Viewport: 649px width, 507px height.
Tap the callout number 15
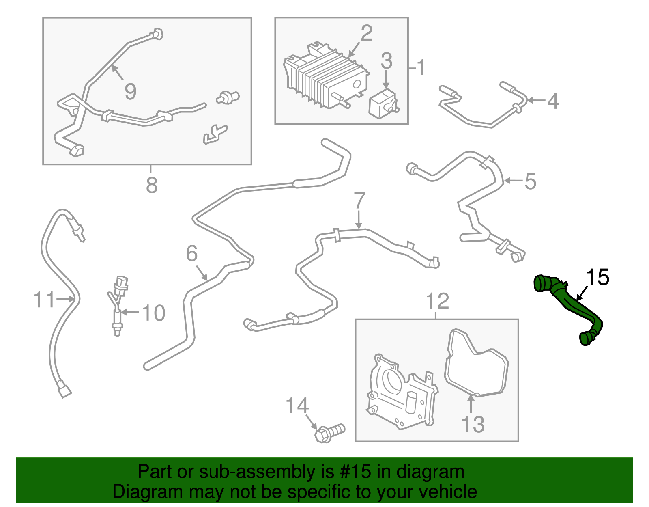point(597,277)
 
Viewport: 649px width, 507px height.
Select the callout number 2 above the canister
point(366,33)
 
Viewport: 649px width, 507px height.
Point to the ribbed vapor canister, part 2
point(324,77)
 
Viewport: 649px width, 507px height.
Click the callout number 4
point(553,101)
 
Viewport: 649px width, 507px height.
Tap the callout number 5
point(530,181)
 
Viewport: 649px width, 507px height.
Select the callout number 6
point(191,254)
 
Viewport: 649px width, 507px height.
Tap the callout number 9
point(130,91)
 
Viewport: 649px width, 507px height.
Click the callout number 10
point(154,313)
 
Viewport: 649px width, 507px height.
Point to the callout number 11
point(44,300)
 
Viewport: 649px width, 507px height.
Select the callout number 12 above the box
point(437,301)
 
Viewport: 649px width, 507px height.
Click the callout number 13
point(473,424)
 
